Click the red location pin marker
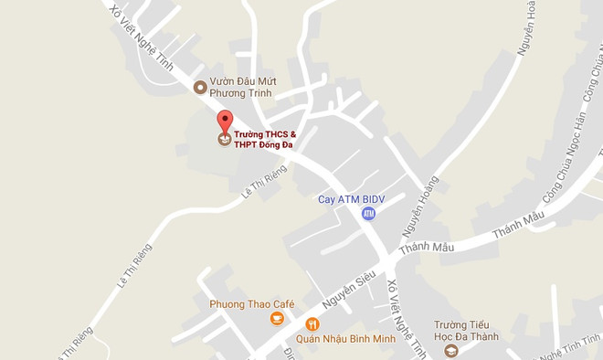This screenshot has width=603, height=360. (x=224, y=122)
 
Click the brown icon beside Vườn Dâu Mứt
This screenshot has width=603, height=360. (x=200, y=87)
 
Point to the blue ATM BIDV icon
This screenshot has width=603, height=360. (x=368, y=213)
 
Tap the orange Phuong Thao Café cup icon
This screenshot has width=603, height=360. (x=276, y=319)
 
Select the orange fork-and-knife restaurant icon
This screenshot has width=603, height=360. (x=312, y=324)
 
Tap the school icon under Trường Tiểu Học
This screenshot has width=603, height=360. (x=451, y=351)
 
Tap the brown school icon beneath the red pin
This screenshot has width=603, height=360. (x=224, y=140)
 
